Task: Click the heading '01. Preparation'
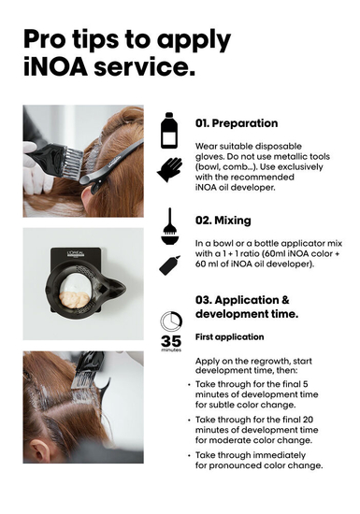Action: click(237, 123)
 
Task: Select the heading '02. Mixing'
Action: click(223, 221)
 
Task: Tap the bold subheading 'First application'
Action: click(229, 337)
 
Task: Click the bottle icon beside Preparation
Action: click(169, 131)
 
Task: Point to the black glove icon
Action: click(169, 169)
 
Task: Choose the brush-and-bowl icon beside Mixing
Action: click(169, 226)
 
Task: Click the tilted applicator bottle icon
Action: click(169, 264)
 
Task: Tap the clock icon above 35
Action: click(171, 321)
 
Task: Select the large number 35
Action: click(171, 341)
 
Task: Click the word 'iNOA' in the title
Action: click(56, 66)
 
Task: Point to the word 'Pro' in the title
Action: click(44, 39)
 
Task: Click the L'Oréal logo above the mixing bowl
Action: click(76, 253)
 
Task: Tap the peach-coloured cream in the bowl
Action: click(74, 299)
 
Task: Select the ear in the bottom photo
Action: click(40, 450)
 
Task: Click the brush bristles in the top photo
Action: click(73, 164)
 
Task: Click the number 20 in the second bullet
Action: click(308, 420)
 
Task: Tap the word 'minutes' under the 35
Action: click(171, 350)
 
